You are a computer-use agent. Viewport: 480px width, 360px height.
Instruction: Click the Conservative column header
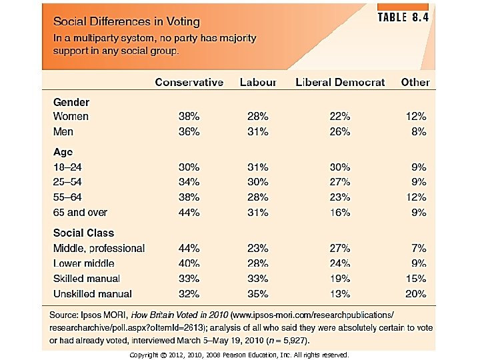click(x=189, y=83)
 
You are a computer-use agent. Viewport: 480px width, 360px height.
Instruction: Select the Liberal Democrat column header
click(x=340, y=83)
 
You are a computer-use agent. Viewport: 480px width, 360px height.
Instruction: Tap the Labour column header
click(x=257, y=83)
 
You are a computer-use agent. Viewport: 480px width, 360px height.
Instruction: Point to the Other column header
click(x=415, y=83)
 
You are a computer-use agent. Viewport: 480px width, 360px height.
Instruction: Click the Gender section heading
click(x=71, y=102)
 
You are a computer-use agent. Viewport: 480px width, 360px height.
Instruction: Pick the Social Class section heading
click(x=84, y=233)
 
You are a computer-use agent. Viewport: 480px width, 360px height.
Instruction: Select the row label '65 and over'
click(x=81, y=213)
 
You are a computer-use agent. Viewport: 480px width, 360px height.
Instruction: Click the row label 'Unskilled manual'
click(x=93, y=294)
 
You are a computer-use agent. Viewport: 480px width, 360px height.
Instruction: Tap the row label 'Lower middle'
click(x=86, y=263)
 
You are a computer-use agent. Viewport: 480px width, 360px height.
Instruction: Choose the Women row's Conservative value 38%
click(x=189, y=116)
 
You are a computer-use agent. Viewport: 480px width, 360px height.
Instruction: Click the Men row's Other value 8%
click(x=419, y=132)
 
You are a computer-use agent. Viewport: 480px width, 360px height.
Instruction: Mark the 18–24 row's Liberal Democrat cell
click(x=339, y=167)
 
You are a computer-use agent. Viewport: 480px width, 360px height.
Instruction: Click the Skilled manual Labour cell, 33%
click(x=257, y=279)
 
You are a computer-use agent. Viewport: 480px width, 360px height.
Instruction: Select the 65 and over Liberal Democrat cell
click(x=339, y=213)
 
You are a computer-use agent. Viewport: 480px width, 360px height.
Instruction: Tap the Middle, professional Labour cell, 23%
click(x=257, y=248)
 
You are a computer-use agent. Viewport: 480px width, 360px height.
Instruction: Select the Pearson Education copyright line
click(x=239, y=355)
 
